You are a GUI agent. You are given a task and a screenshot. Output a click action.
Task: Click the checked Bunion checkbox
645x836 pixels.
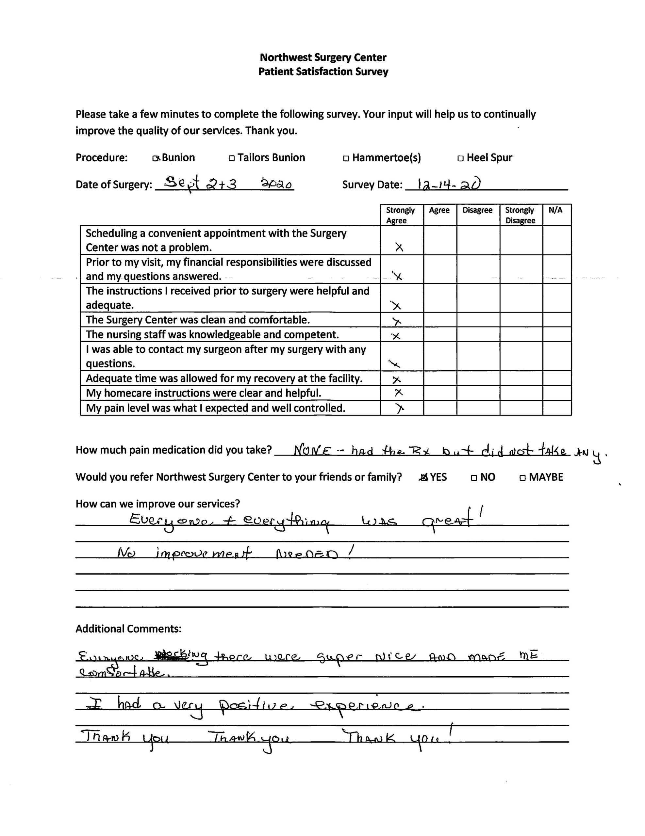156,158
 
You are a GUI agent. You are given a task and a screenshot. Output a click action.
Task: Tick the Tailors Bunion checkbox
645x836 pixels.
231,158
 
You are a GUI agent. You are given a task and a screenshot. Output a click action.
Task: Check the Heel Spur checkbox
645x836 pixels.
460,158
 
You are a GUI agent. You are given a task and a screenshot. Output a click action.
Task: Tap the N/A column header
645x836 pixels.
555,210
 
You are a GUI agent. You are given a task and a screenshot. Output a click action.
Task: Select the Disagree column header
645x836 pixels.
477,210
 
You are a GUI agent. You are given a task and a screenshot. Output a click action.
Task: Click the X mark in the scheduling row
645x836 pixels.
399,247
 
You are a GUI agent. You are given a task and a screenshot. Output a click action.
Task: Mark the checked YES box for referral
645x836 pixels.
423,477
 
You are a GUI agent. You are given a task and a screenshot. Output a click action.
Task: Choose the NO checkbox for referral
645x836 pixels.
474,478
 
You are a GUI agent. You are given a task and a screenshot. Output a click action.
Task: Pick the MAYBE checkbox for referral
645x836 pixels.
523,478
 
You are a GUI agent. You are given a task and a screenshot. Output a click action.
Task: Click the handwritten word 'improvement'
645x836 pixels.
203,554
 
